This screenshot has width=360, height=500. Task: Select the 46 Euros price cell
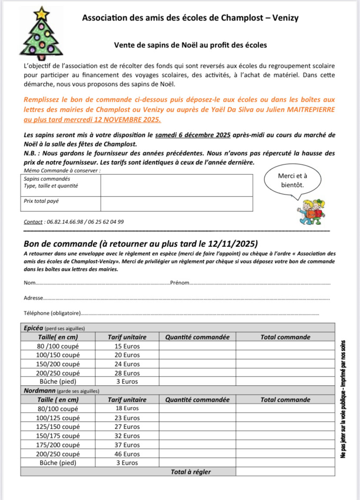(x=127, y=454)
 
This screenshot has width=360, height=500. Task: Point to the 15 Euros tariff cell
(x=127, y=346)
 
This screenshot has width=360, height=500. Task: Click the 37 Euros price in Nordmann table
(x=127, y=445)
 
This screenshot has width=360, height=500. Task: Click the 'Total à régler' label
(x=191, y=472)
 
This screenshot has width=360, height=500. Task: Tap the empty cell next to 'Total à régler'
(x=285, y=472)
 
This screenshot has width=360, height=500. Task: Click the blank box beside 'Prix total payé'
(x=177, y=203)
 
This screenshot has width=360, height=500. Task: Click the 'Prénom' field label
(x=180, y=283)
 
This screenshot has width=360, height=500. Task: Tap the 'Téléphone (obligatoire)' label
(x=53, y=313)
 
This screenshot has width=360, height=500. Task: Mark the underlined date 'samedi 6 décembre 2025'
(x=193, y=135)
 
